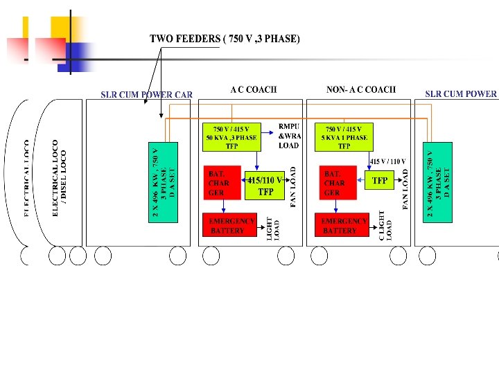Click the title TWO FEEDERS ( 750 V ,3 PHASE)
pos(225,39)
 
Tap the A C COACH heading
pos(254,89)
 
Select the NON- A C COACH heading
pos(360,89)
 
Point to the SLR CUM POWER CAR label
pos(146,94)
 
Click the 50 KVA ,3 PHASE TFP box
pos(231,137)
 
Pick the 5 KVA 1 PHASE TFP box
pos(344,137)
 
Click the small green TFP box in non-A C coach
pos(380,181)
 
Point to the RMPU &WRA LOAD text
pos(288,136)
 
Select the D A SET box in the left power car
pos(164,182)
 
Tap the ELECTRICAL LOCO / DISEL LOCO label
pos(60,178)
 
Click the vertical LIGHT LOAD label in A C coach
pos(273,229)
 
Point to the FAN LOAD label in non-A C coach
pos(405,185)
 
